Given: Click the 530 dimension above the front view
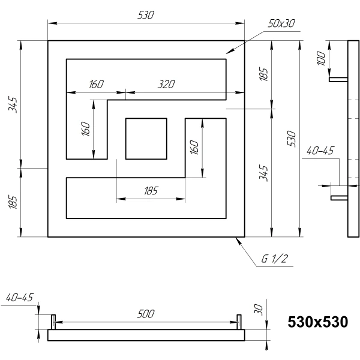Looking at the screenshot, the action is (146, 15).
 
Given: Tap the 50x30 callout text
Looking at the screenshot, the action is (281, 23).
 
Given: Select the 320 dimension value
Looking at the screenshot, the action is (166, 84).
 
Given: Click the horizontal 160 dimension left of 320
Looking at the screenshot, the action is (96, 84).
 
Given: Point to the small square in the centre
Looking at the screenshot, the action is (146, 139).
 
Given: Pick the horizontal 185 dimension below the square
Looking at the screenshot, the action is (151, 191).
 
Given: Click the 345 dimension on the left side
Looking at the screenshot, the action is (13, 105).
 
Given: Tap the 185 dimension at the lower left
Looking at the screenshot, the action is (13, 203).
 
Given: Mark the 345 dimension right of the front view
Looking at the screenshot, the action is (263, 173).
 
